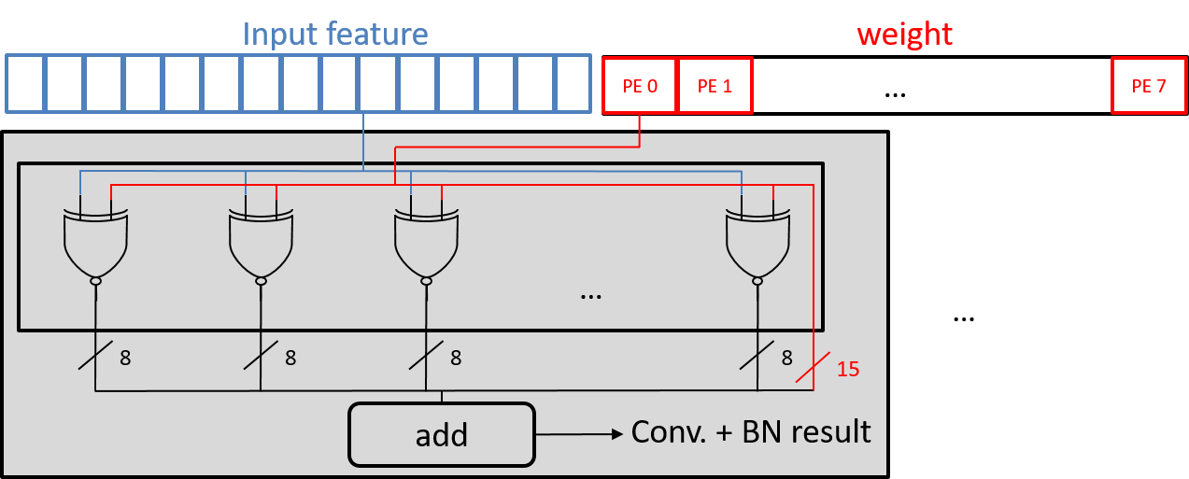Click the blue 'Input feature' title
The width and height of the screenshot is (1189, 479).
pyautogui.click(x=335, y=35)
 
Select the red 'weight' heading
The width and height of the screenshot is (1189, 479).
pyautogui.click(x=904, y=35)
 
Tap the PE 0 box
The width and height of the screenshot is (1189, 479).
pyautogui.click(x=640, y=86)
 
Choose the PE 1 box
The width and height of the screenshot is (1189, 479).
pyautogui.click(x=715, y=86)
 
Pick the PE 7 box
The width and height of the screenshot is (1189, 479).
pyautogui.click(x=1148, y=86)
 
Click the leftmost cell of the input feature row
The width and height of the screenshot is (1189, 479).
pyautogui.click(x=26, y=84)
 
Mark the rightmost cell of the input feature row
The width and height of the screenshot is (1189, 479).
pyautogui.click(x=573, y=84)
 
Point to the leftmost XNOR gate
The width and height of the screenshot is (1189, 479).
pyautogui.click(x=95, y=243)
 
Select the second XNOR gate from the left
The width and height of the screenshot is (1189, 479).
pyautogui.click(x=261, y=243)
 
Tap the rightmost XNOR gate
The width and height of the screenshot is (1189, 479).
pyautogui.click(x=757, y=243)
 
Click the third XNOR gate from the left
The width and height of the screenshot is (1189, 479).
pyautogui.click(x=426, y=243)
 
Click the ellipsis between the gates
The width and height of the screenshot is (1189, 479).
pyautogui.click(x=590, y=294)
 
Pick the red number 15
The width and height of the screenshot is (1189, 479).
pyautogui.click(x=846, y=369)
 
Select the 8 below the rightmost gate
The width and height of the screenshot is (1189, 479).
pyautogui.click(x=786, y=357)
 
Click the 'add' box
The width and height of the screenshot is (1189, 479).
pyautogui.click(x=442, y=434)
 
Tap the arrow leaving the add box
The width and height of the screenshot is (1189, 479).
pyautogui.click(x=579, y=434)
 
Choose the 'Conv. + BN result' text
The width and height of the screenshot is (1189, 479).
pyautogui.click(x=751, y=432)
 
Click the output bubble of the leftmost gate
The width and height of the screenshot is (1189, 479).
pyautogui.click(x=95, y=280)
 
